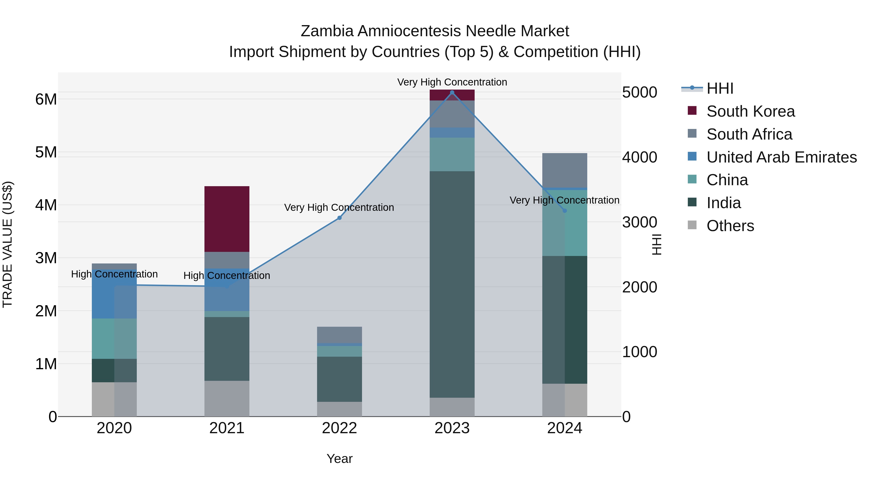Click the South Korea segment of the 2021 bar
(x=227, y=219)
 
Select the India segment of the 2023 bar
(x=452, y=284)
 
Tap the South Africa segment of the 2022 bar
(x=340, y=334)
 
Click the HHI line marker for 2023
(x=452, y=92)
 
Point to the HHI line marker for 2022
(x=340, y=218)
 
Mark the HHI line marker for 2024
(x=565, y=211)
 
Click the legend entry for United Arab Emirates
(x=782, y=157)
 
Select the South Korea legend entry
(x=750, y=111)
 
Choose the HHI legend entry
(x=720, y=88)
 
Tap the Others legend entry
(x=730, y=226)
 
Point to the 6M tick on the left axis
(x=46, y=99)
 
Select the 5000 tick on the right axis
(x=640, y=92)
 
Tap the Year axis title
(x=340, y=459)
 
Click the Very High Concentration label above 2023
(x=452, y=82)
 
